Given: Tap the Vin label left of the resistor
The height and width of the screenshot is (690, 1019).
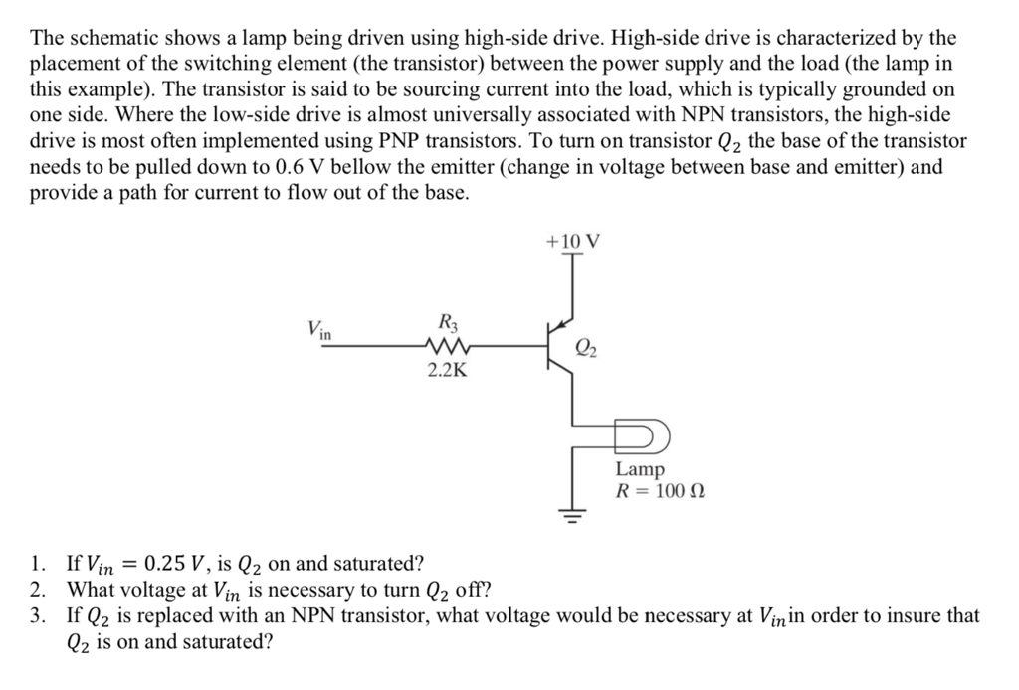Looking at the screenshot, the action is pos(319,328).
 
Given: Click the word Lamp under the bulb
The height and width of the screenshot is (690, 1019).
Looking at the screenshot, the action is pos(640,468).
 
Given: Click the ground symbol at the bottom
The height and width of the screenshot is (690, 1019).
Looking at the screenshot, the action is pos(572,514).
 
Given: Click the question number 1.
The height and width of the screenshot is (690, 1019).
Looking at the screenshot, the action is pos(38,564).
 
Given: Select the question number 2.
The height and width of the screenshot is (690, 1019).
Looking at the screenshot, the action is pos(38,590).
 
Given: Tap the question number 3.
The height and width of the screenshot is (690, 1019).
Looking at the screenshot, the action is pos(38,616).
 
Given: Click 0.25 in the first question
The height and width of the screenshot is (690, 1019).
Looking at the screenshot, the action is pos(165,564).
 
